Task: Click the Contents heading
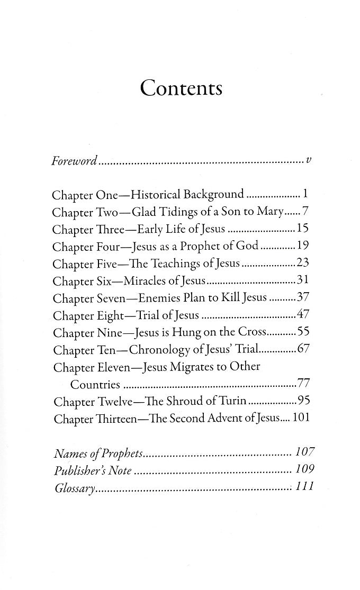pyautogui.click(x=181, y=87)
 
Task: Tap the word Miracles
pyautogui.click(x=145, y=281)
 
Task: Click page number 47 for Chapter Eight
pyautogui.click(x=303, y=315)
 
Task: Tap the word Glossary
pyautogui.click(x=75, y=487)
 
